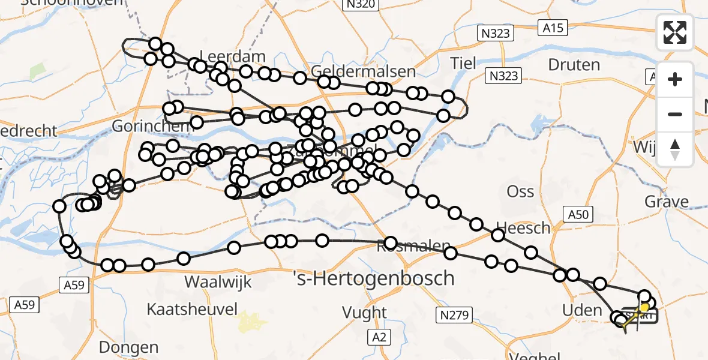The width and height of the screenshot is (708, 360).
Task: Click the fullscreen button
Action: click(675, 32)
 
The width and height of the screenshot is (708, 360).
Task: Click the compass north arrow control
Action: click(675, 149)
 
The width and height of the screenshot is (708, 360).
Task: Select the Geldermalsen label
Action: click(364, 72)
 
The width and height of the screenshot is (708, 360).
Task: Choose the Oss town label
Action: click(520, 191)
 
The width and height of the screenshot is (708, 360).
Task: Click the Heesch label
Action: click(523, 228)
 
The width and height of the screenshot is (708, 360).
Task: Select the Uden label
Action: click(581, 310)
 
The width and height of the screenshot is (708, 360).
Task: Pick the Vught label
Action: click(364, 312)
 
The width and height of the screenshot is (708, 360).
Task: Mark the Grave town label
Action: click(667, 202)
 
